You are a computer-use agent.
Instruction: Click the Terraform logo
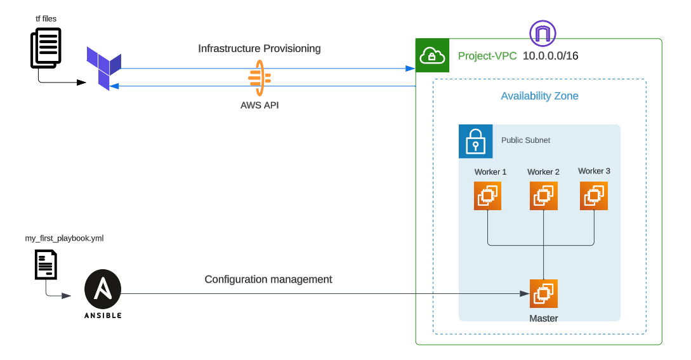104,67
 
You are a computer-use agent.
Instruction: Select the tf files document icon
46,48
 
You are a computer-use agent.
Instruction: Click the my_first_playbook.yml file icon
46,264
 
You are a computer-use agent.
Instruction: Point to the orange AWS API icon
259,78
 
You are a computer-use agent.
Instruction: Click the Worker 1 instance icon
487,196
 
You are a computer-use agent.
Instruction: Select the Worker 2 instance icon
544,196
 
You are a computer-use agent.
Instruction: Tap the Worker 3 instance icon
594,196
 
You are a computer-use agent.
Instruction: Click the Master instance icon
544,293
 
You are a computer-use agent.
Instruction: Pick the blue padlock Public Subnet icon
475,141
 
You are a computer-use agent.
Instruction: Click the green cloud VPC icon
432,55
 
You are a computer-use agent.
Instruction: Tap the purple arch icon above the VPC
543,33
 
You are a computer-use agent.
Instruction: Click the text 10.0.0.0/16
550,56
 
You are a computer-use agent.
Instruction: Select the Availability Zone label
539,96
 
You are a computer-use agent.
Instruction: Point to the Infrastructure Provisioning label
259,48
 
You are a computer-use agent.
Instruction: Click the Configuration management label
268,279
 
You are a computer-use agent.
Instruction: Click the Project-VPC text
487,56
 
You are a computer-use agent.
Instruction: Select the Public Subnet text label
525,140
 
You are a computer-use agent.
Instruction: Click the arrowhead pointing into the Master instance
525,293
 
